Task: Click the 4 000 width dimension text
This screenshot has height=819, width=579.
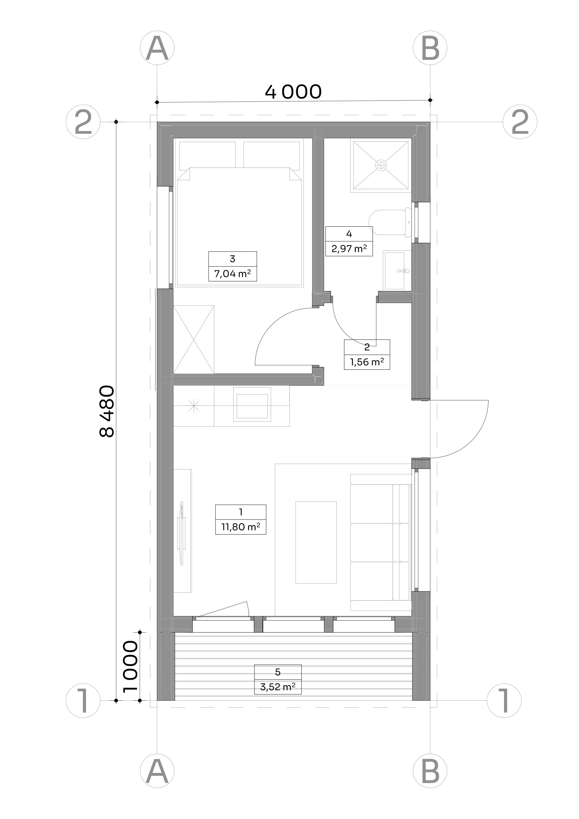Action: (x=293, y=92)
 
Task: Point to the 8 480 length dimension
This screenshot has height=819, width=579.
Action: (x=107, y=411)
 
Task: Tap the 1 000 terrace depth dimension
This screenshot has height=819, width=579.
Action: (x=130, y=667)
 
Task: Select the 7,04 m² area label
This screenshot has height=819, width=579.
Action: (x=232, y=274)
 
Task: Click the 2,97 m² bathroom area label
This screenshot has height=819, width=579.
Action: (x=349, y=248)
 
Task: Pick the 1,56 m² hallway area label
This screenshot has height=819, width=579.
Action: (x=367, y=362)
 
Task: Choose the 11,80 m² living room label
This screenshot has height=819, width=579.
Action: (x=241, y=527)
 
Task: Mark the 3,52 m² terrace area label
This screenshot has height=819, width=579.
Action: (x=278, y=687)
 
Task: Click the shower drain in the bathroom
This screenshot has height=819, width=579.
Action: (x=381, y=165)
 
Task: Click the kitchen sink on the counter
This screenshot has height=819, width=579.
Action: (x=252, y=405)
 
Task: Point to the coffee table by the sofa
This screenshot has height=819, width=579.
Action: (x=316, y=542)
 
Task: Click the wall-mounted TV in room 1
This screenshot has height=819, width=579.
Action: (x=182, y=533)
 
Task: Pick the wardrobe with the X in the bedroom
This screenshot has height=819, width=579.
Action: (x=194, y=340)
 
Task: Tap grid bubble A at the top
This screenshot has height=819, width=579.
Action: (x=157, y=48)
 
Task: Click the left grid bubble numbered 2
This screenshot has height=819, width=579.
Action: (x=83, y=122)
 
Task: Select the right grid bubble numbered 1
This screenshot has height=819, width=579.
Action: (x=504, y=700)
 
